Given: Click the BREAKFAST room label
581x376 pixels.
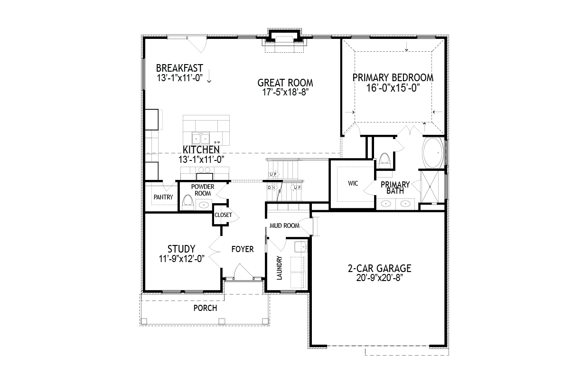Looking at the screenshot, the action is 179,68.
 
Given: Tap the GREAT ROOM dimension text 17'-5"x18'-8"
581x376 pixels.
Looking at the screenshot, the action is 285,92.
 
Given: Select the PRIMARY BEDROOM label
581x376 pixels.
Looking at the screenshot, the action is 393,77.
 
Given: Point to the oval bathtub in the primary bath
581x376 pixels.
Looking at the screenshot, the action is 432,153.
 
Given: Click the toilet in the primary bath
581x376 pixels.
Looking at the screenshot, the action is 384,161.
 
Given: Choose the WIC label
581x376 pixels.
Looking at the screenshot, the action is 353,183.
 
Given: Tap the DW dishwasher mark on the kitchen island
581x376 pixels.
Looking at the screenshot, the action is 217,142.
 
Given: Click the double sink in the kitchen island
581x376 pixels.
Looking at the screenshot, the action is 200,139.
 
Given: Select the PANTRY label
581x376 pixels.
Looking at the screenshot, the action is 163,197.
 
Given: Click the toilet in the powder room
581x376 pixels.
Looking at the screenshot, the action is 187,202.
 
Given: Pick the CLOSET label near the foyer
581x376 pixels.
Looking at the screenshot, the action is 223,215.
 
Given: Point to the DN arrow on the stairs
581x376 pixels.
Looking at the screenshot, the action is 272,188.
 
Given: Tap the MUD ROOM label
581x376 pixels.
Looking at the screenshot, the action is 284,226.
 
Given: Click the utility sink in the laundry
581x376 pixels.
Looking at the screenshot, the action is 300,247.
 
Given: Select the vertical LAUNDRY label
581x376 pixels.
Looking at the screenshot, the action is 279,268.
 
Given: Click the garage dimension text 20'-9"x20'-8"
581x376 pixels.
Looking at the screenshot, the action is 380,278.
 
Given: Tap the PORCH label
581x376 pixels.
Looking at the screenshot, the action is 205,308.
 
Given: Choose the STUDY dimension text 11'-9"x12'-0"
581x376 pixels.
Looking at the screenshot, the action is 181,258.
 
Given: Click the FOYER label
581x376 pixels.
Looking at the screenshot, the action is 243,249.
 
